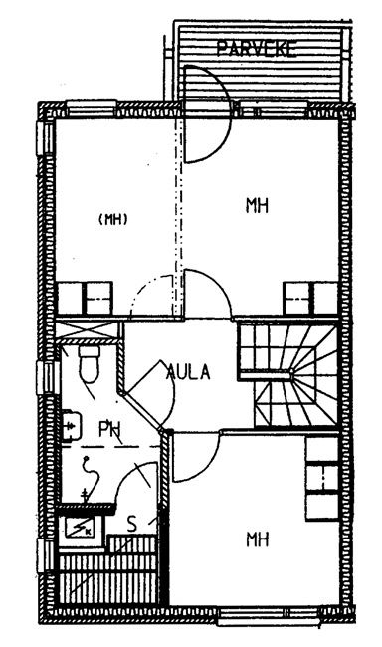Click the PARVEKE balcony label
(x=257, y=49)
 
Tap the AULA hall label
(x=188, y=372)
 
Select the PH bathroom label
(x=109, y=430)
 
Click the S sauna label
(x=131, y=524)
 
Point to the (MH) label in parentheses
(x=113, y=219)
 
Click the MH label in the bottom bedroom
(x=257, y=539)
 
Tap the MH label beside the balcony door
(x=257, y=205)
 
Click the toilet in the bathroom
(x=90, y=363)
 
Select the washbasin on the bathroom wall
(x=71, y=426)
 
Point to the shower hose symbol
(x=90, y=479)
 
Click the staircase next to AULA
(x=288, y=375)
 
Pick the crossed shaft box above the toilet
(x=88, y=330)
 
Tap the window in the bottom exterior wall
(x=269, y=615)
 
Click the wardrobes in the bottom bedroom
(x=321, y=478)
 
